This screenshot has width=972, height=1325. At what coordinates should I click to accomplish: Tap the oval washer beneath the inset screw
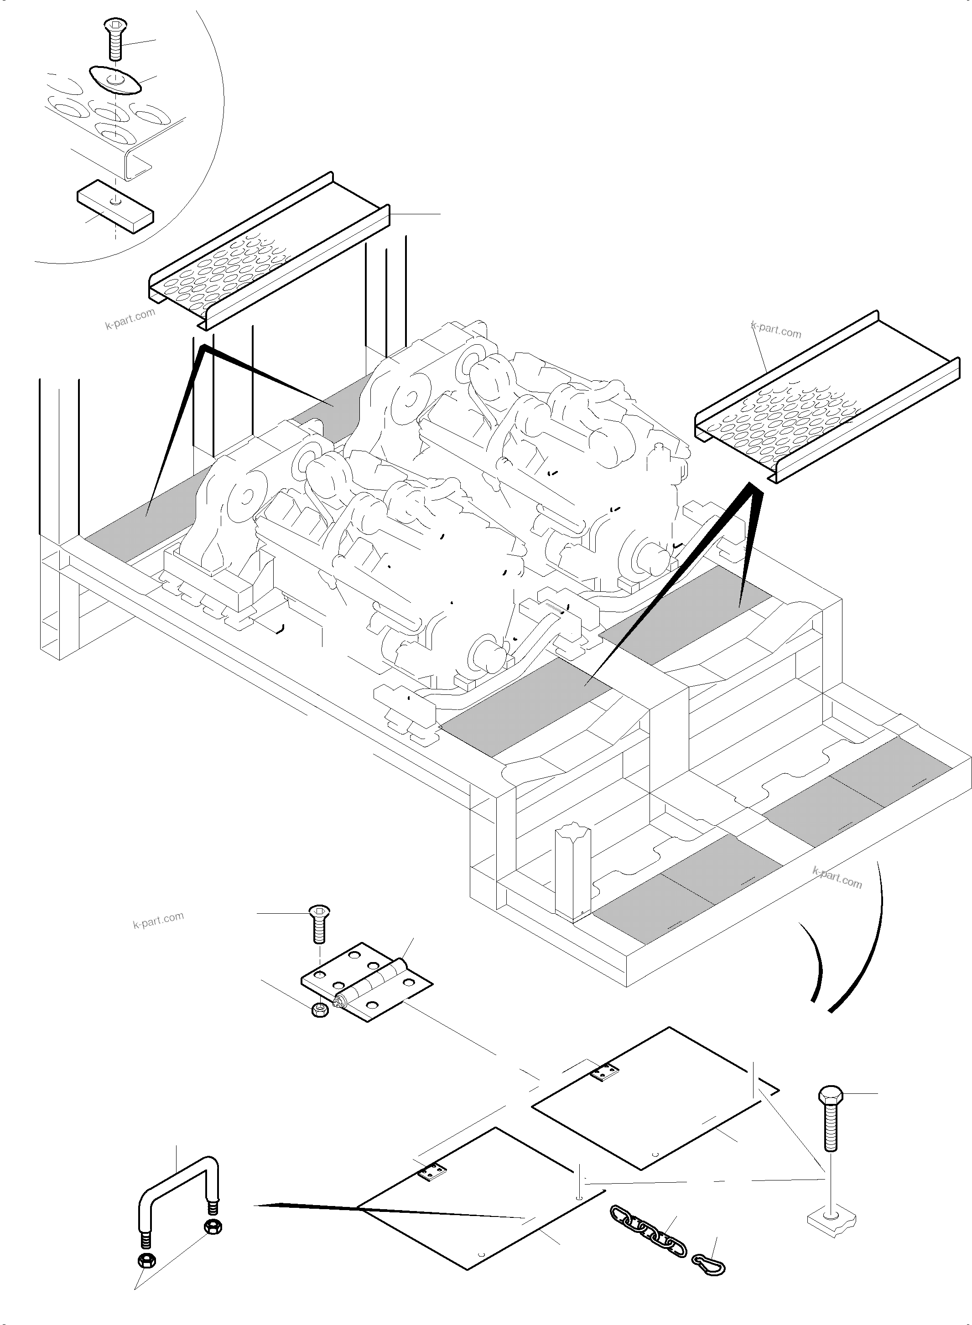coord(116,79)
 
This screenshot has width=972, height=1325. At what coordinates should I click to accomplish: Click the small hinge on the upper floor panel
coord(604,1071)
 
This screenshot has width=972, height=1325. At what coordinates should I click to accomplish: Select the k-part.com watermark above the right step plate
coord(777,331)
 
